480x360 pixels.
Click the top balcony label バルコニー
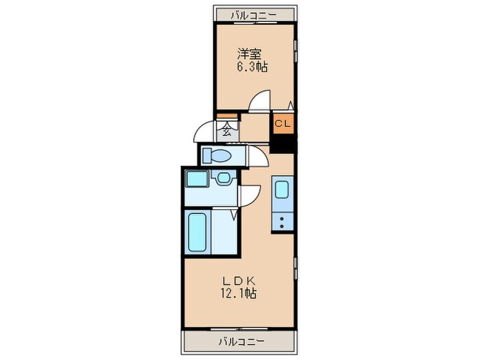point(252,13)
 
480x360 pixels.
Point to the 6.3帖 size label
point(252,67)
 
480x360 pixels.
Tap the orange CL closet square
point(283,124)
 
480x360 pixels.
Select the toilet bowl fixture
point(219,156)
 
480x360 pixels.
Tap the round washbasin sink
point(223,180)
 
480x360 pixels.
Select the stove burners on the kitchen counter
point(283,221)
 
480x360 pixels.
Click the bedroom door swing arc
point(260,101)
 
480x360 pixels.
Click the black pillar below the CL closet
point(283,145)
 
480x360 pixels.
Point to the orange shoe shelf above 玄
point(226,117)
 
